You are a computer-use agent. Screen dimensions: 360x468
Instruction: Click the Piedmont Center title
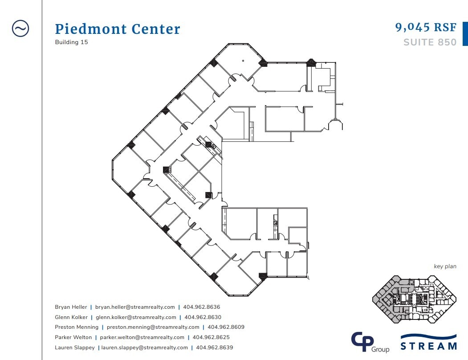pos(118,29)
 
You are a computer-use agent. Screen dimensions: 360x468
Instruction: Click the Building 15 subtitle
pos(71,42)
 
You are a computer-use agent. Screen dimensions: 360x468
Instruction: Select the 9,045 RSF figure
pos(426,27)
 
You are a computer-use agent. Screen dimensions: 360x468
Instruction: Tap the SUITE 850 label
pos(430,42)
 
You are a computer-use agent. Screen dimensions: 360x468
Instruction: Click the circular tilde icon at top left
pos(20,29)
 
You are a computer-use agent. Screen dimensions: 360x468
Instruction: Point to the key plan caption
pos(445,266)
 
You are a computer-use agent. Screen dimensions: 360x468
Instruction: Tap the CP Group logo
pos(370,342)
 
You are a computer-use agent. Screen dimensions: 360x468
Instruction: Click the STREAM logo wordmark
pos(428,345)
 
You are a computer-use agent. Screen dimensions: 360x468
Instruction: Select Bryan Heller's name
pos(70,307)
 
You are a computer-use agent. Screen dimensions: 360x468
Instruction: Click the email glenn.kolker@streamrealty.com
pos(136,317)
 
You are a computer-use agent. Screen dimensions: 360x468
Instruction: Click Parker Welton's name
pos(73,337)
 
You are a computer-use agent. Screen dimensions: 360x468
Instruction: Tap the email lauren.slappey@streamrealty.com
pos(144,348)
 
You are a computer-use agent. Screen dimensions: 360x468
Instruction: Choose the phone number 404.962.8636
pos(202,307)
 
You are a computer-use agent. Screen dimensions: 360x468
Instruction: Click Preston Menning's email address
pos(153,327)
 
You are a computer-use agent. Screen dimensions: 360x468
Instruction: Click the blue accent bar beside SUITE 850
pos(465,34)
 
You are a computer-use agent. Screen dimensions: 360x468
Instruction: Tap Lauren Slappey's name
pos(74,348)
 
